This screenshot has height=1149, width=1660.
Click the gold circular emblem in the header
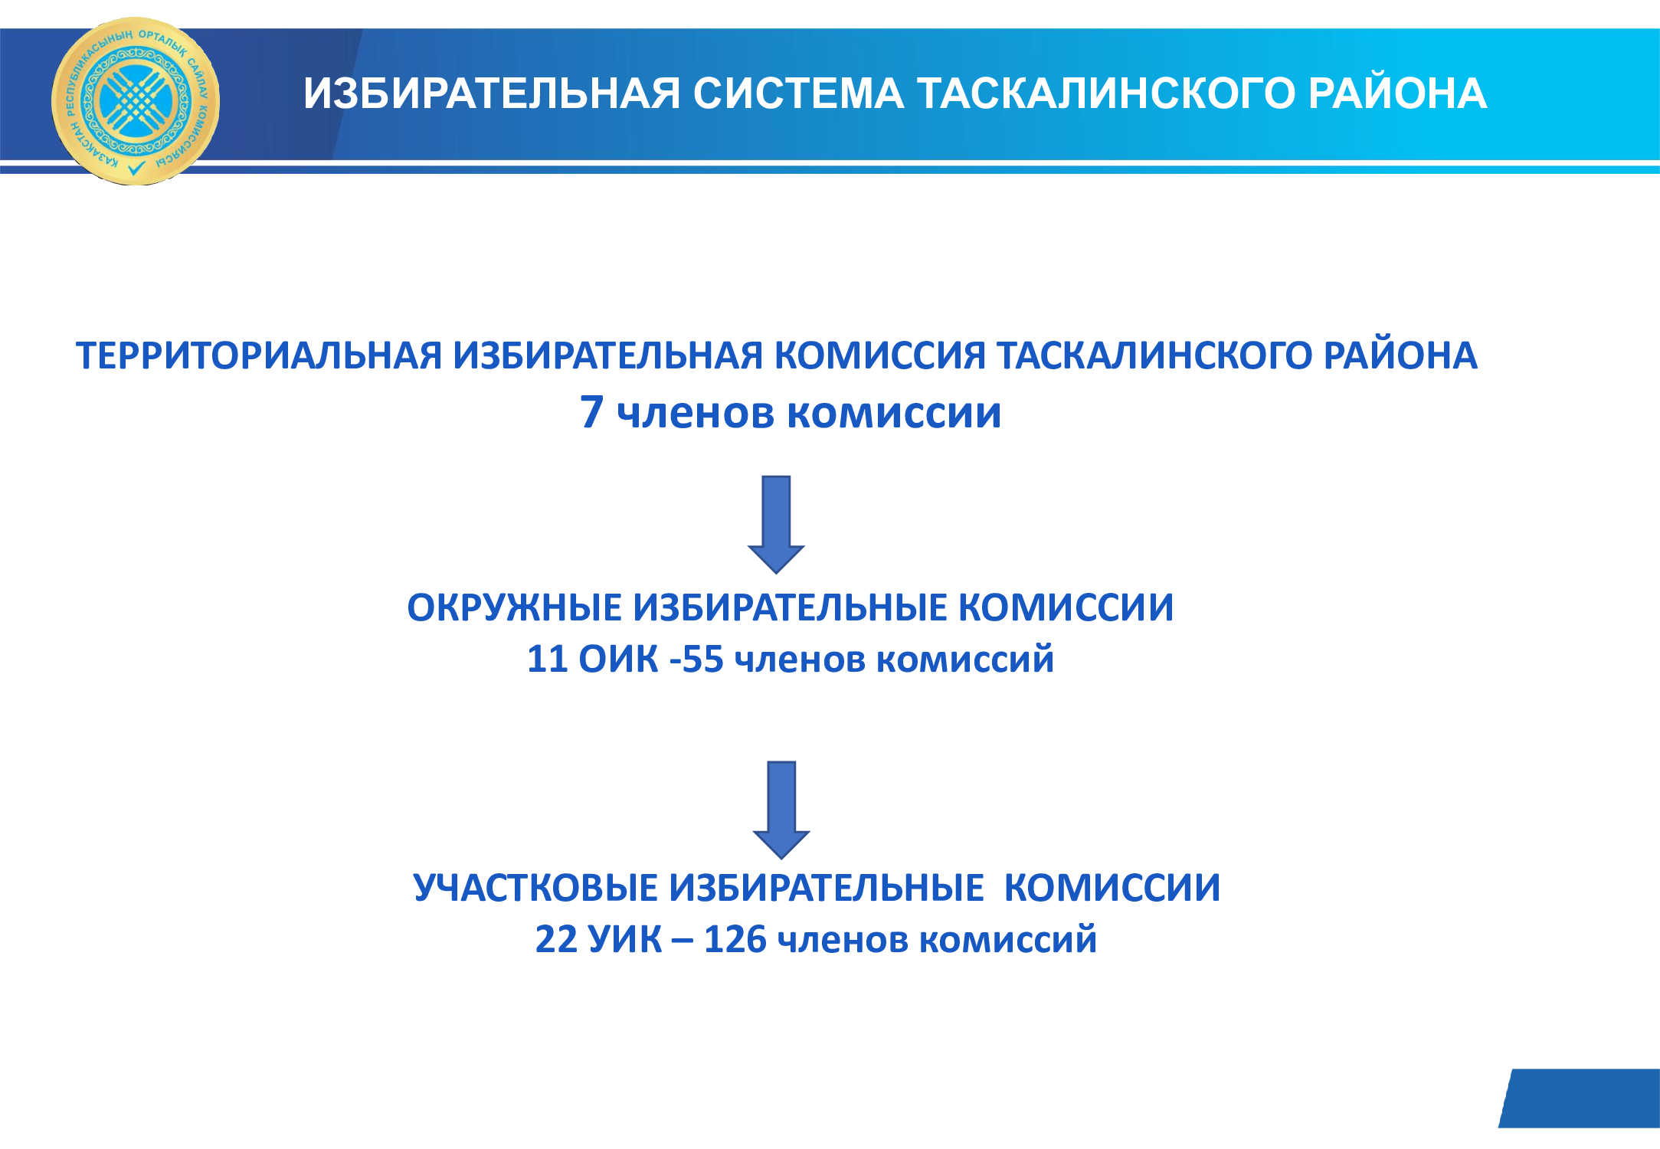[x=136, y=101]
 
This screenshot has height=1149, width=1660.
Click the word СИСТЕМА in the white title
[x=798, y=93]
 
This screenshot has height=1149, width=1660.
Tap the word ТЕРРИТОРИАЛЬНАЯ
[x=259, y=356]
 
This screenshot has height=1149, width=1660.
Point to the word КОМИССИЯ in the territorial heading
[x=879, y=356]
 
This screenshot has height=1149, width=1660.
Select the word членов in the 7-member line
[x=696, y=414]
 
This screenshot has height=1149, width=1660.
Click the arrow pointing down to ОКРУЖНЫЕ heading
[x=776, y=525]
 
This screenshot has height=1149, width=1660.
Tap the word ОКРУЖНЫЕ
[x=514, y=608]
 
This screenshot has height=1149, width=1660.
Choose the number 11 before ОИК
[x=547, y=659]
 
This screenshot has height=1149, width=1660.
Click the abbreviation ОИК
[x=618, y=659]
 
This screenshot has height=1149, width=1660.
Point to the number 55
[x=702, y=659]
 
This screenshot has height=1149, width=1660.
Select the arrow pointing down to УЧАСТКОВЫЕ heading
[x=781, y=810]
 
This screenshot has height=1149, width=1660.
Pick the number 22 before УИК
[x=556, y=939]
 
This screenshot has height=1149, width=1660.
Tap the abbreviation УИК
[x=625, y=939]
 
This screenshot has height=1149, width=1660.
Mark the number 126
[x=735, y=939]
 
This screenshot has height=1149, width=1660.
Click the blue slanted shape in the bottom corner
[x=1580, y=1098]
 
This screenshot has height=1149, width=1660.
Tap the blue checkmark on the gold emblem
[x=136, y=168]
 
